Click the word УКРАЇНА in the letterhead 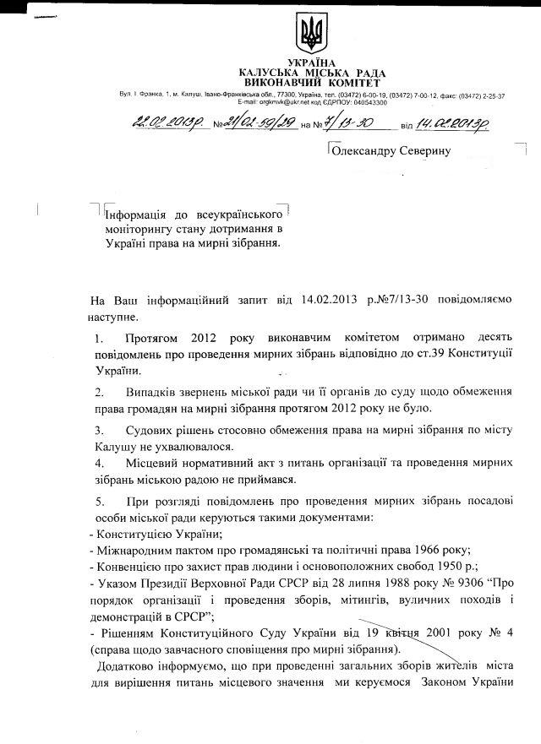tap(311, 63)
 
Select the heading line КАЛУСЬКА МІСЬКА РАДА tap(311, 73)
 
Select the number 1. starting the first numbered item tap(100, 338)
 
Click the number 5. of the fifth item tap(100, 502)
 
